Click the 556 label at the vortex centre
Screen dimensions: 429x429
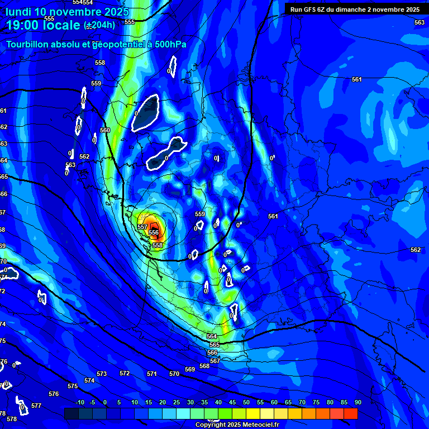tap(154, 232)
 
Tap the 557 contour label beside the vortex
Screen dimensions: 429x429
tap(142, 227)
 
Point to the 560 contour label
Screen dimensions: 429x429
tap(105, 130)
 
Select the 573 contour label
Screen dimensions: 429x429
tap(102, 374)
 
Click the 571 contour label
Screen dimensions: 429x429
tap(152, 374)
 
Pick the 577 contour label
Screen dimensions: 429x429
tap(36, 406)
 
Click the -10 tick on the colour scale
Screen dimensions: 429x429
tap(79, 402)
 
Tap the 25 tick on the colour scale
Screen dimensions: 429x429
tap(177, 402)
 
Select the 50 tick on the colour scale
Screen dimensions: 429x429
tap(246, 402)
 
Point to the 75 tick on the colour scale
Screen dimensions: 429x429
tap(316, 402)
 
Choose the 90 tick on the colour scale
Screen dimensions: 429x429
tap(357, 402)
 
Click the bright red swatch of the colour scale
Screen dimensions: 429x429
tap(350, 413)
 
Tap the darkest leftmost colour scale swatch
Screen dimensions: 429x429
tap(71, 413)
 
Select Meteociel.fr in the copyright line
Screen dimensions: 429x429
tap(249, 425)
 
